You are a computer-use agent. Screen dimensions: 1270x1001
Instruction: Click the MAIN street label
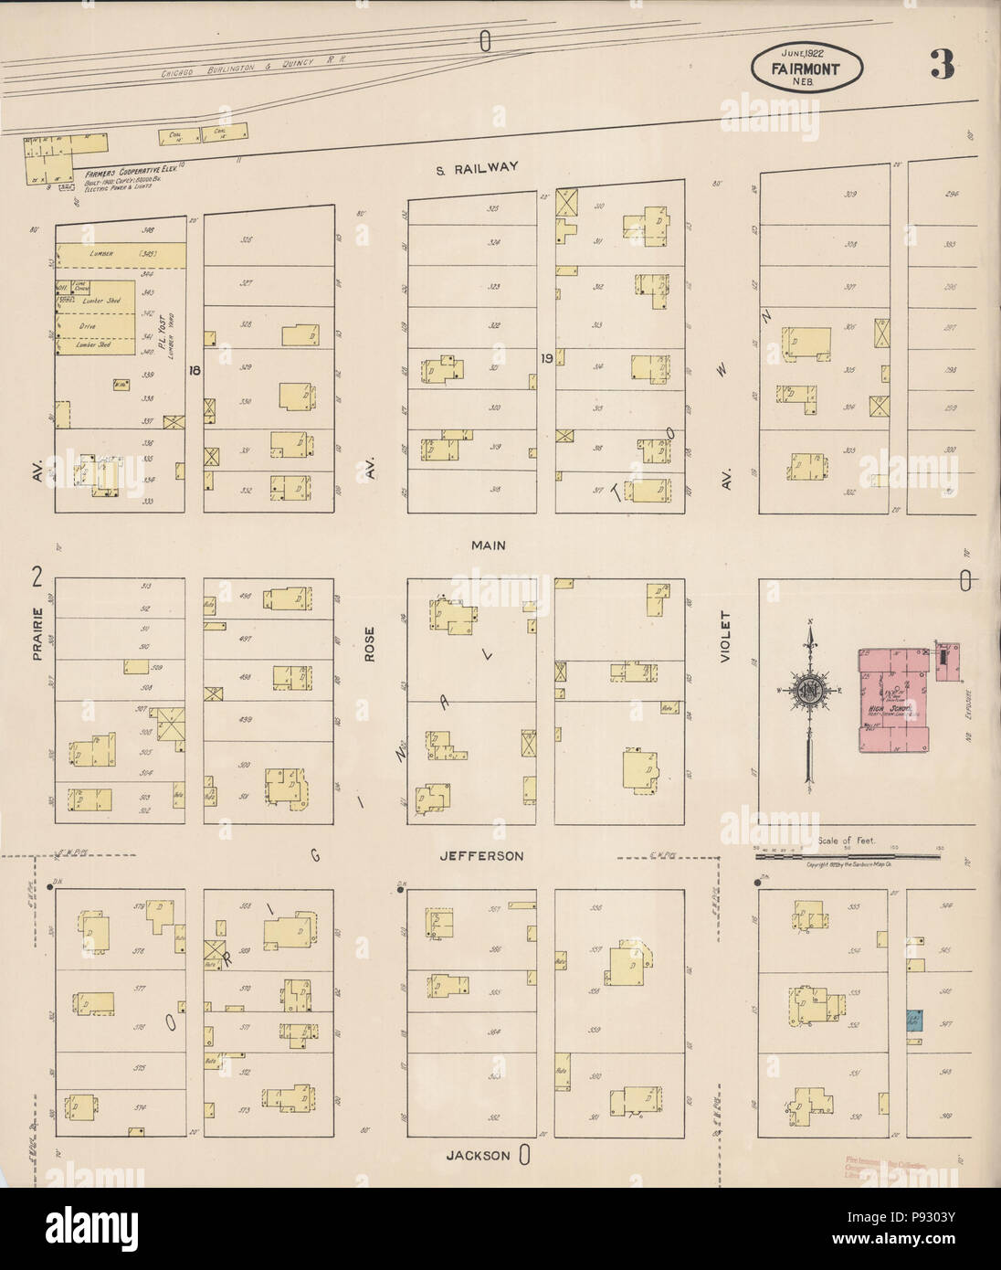489,545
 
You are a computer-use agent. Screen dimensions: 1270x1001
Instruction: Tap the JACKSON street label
478,1155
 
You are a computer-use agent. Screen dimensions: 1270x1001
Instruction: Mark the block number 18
194,370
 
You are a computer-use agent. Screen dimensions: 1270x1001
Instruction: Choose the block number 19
546,358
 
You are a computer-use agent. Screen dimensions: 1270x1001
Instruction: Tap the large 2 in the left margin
37,577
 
